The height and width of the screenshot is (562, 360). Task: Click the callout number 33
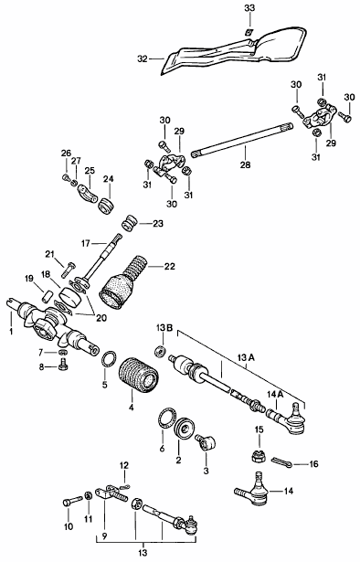point(249,8)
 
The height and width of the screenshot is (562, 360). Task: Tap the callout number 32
point(143,58)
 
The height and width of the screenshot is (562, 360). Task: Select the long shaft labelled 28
point(242,140)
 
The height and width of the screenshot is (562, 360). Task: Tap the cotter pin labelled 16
point(282,462)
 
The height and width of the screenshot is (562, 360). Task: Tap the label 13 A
point(245,357)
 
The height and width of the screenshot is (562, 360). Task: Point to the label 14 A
point(275,394)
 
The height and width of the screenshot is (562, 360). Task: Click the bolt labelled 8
point(63,365)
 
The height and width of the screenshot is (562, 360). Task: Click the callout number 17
point(85,244)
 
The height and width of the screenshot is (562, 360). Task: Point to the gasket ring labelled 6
point(167,418)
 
